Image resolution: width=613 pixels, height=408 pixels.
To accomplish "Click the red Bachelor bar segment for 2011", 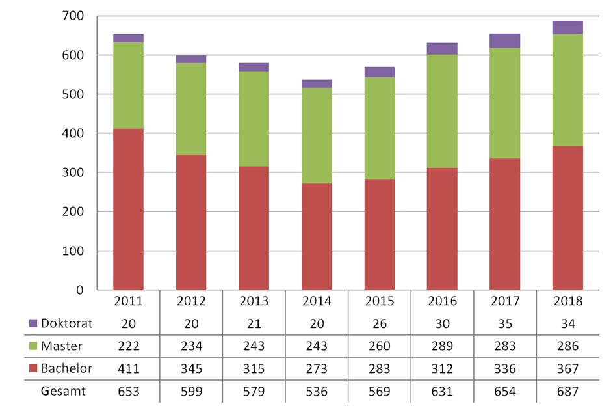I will [x=128, y=209].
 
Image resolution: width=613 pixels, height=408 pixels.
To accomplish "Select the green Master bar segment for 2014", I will [x=317, y=135].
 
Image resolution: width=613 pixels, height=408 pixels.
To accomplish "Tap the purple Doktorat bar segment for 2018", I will [x=567, y=27].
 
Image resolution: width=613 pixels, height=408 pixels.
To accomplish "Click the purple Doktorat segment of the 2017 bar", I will [x=505, y=40].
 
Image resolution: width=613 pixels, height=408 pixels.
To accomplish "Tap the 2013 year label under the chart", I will [x=254, y=302].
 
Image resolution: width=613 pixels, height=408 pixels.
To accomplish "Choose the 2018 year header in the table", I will [x=568, y=302].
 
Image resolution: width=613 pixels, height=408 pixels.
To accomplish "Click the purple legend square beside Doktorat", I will [x=34, y=323].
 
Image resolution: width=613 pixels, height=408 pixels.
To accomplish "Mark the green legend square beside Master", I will [x=34, y=346].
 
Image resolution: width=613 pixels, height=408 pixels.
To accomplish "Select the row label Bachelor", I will [x=66, y=369].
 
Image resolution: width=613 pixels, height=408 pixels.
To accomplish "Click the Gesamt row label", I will [x=63, y=391].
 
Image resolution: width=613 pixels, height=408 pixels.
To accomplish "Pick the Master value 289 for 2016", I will [x=442, y=346].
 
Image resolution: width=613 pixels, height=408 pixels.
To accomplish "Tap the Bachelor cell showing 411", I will [x=128, y=369].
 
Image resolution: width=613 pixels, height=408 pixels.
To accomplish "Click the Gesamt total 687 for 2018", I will [x=568, y=391].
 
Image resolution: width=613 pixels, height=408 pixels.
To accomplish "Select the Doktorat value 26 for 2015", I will [x=380, y=323].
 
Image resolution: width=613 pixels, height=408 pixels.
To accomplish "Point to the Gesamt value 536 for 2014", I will [x=317, y=391].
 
